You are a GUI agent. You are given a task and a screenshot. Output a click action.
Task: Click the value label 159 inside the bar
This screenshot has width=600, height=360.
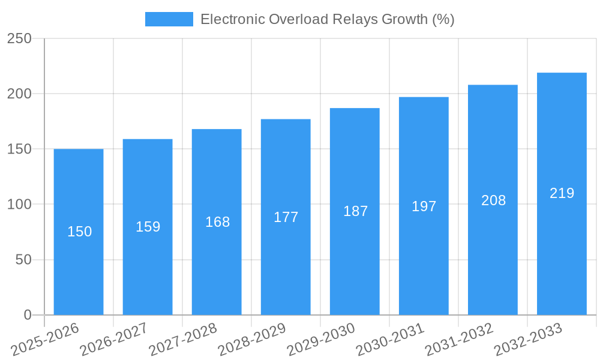tap(148, 227)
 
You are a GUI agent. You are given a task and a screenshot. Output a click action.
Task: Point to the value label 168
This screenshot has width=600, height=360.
tap(217, 222)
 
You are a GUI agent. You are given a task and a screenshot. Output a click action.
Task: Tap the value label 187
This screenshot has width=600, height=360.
tap(355, 211)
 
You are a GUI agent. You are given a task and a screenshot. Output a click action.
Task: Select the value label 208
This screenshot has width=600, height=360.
tap(493, 200)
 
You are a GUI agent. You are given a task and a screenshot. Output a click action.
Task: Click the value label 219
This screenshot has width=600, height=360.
tap(562, 193)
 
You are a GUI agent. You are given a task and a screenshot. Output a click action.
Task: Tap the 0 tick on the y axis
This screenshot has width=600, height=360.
tap(27, 315)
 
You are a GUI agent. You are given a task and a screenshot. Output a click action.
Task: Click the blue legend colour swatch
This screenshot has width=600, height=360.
tap(169, 19)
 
